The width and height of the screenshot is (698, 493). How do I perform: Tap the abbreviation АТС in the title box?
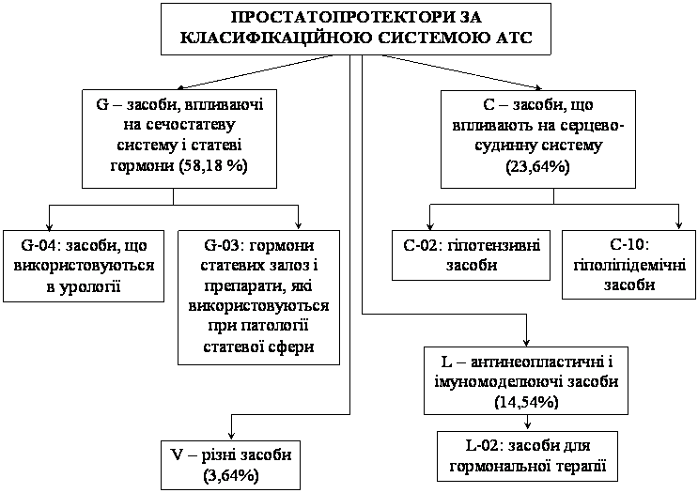(x=514, y=37)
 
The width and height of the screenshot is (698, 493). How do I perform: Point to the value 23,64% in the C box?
(x=537, y=167)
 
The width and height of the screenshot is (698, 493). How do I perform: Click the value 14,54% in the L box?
(x=526, y=402)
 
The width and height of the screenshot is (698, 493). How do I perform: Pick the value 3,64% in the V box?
(x=231, y=475)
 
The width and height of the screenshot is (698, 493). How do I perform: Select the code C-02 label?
(x=423, y=245)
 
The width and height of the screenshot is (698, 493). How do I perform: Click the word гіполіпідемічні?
(x=629, y=266)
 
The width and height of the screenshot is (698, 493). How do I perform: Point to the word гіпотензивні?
(x=493, y=246)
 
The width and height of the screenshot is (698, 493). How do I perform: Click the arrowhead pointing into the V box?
(x=231, y=435)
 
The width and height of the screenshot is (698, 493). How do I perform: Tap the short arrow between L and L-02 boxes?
(x=527, y=423)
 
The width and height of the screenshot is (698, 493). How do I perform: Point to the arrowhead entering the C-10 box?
(x=678, y=224)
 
